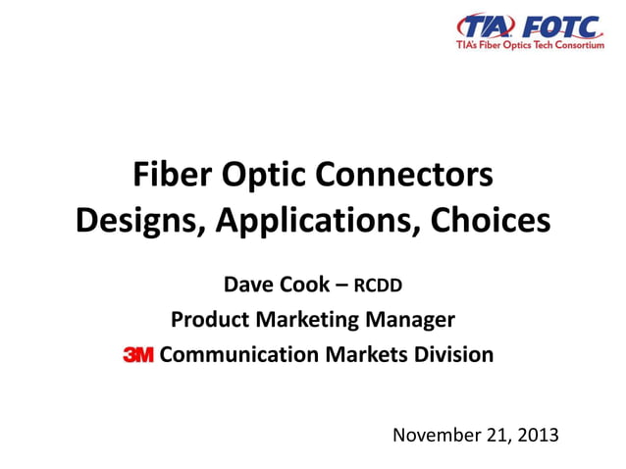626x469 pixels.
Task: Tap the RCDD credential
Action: click(x=378, y=287)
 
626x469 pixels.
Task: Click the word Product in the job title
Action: click(x=206, y=320)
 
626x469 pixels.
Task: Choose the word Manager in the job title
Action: click(x=410, y=320)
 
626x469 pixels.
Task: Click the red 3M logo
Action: click(x=137, y=355)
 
